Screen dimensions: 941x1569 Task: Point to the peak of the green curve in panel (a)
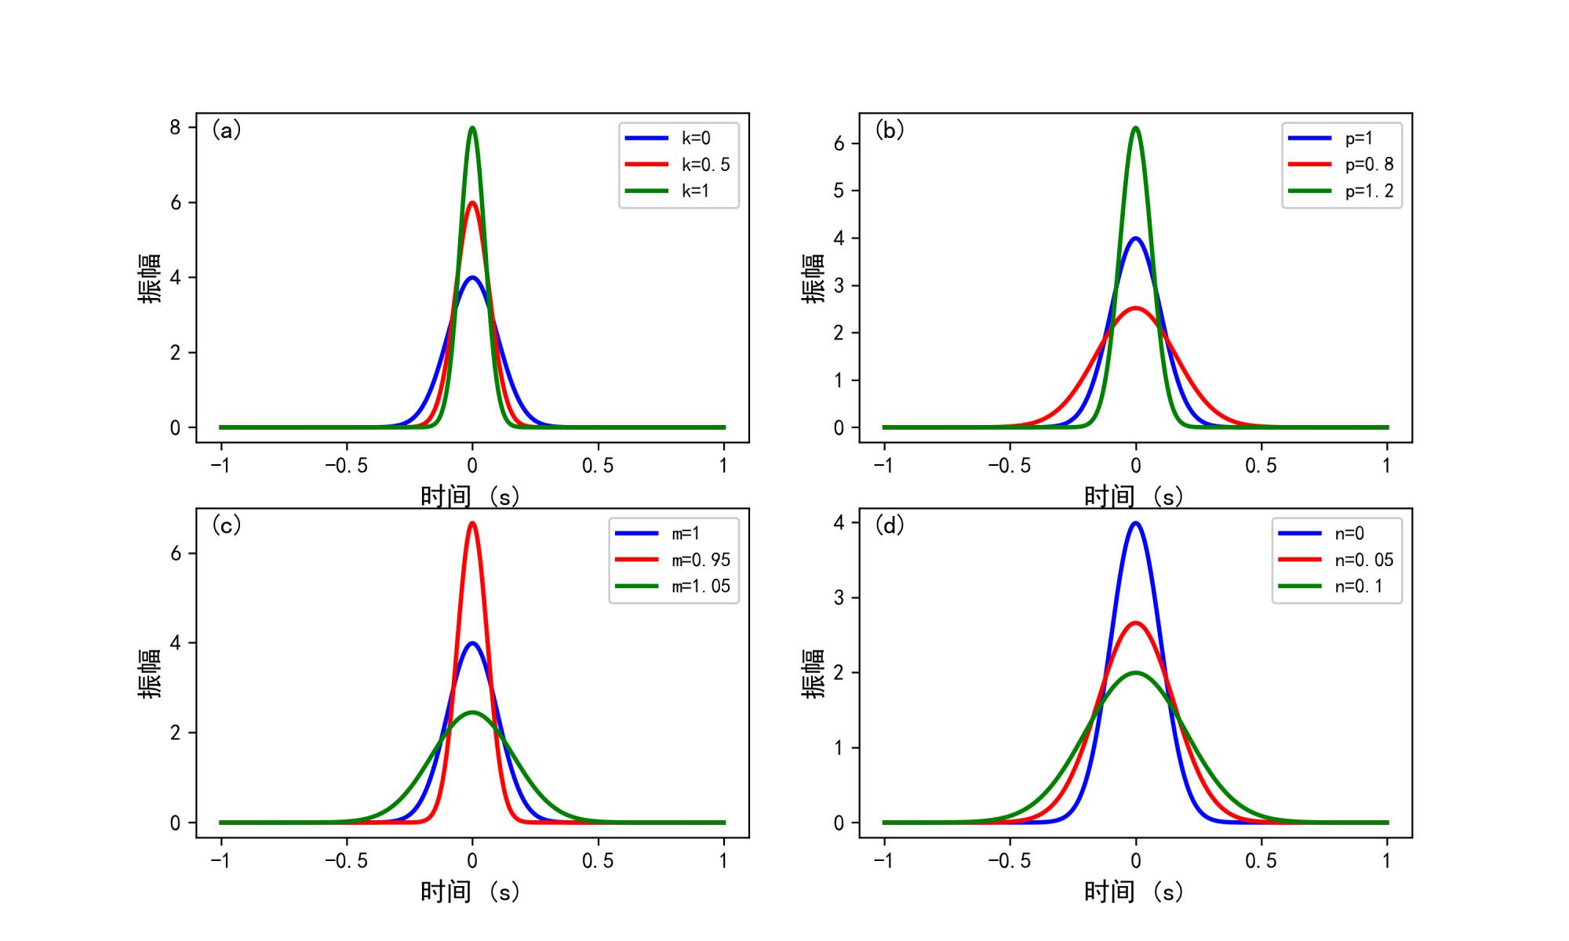click(472, 128)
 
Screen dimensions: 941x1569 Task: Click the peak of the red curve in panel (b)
click(1135, 308)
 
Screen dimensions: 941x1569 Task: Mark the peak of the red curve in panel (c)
click(472, 523)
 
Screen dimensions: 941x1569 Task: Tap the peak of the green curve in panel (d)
click(1135, 673)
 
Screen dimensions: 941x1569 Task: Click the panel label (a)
click(227, 130)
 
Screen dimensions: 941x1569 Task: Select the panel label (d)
click(890, 525)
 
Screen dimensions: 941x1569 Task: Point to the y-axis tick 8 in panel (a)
click(175, 128)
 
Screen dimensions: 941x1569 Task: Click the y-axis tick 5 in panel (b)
click(839, 191)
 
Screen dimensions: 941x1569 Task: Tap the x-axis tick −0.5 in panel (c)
click(346, 861)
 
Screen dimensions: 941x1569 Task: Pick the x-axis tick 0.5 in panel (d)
click(1261, 861)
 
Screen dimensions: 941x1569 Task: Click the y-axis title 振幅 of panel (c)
click(149, 673)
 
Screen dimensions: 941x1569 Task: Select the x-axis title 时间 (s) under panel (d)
click(1134, 892)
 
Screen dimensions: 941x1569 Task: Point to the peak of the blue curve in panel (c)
click(472, 643)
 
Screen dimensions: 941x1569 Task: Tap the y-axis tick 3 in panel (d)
click(839, 598)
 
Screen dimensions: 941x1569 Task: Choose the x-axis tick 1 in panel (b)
click(1386, 466)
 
